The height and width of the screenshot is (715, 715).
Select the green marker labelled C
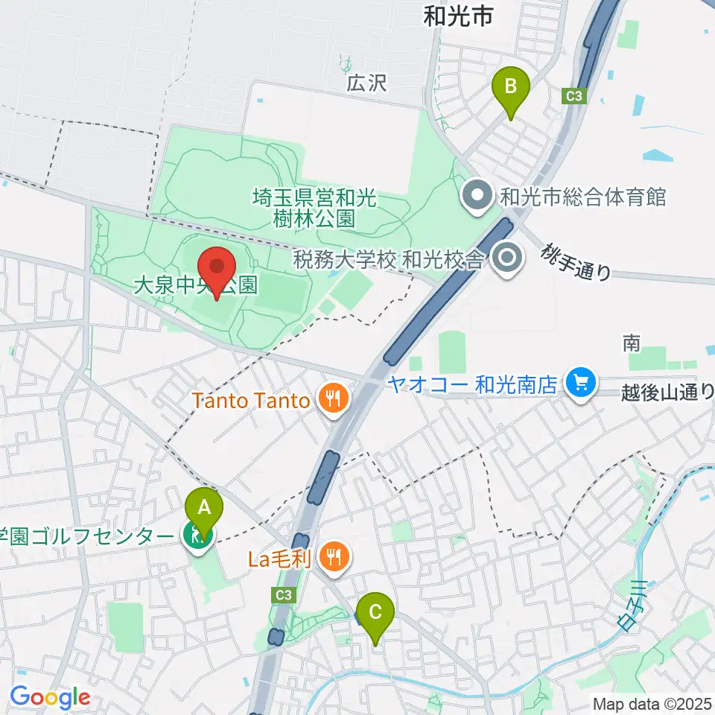click(375, 613)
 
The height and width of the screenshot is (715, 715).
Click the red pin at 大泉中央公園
click(217, 268)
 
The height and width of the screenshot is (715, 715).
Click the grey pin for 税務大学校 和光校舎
click(509, 259)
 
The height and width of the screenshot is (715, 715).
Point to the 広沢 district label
click(367, 82)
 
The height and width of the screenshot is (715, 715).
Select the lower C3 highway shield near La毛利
click(282, 594)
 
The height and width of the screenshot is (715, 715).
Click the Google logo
click(50, 698)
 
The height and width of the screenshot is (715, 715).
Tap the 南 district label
click(632, 343)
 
